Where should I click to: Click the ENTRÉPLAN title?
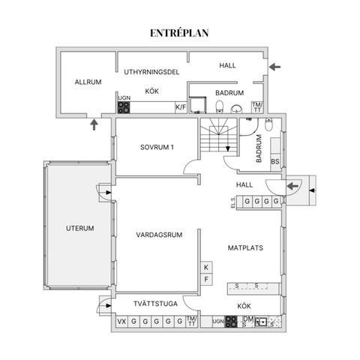(x=179, y=33)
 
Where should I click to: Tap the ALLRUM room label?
(x=88, y=82)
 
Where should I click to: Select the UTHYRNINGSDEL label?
(x=151, y=72)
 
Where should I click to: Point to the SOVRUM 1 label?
(x=157, y=147)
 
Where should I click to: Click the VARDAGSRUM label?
(x=159, y=235)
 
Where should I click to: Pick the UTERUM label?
(x=80, y=228)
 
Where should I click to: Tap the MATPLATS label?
(x=245, y=248)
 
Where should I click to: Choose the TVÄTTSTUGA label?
(x=155, y=304)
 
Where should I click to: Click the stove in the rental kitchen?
(x=124, y=107)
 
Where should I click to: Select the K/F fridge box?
(x=181, y=107)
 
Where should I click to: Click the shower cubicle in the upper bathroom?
(x=198, y=105)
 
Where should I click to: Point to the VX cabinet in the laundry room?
(x=122, y=322)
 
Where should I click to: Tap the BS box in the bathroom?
(x=275, y=161)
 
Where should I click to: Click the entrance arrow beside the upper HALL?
(x=274, y=67)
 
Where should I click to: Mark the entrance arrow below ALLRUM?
(x=94, y=124)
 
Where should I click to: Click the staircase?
(x=218, y=135)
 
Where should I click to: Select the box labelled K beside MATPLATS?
(x=206, y=268)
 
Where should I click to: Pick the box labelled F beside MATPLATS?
(x=206, y=279)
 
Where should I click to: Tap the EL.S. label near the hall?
(x=232, y=202)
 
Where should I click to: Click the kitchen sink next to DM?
(x=261, y=322)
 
